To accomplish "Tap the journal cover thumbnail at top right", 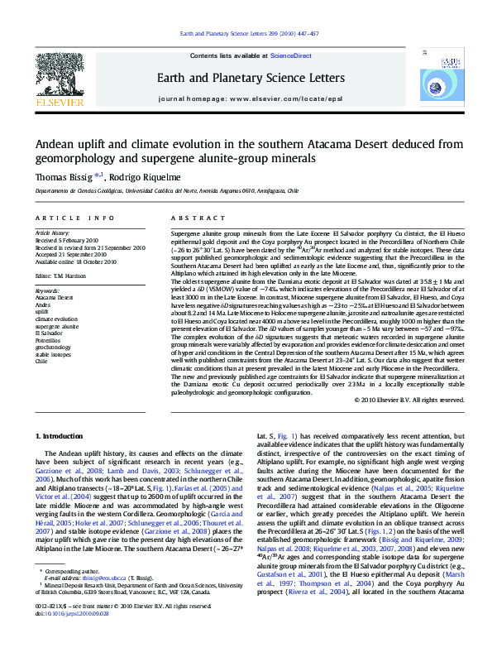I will click(450, 79).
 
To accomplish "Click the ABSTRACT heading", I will click(186, 218).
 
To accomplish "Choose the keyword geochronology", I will click(52, 348).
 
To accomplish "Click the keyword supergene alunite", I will click(56, 327).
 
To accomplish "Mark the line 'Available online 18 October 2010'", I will click(76, 261).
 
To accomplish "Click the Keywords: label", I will click(47, 291).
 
